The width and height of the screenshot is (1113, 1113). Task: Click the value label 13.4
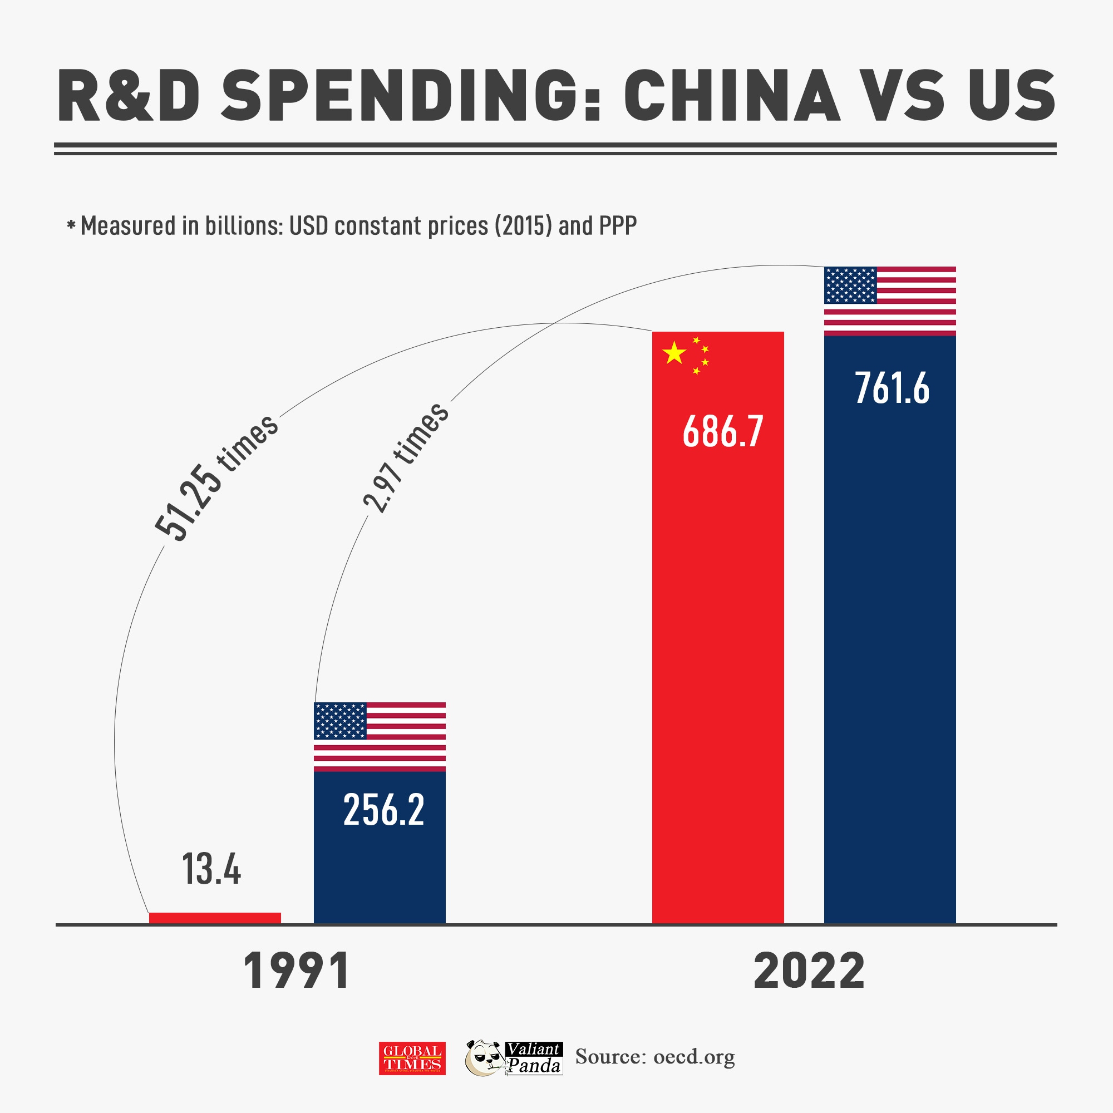[x=211, y=869]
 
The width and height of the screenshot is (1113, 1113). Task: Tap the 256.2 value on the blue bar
[x=383, y=810]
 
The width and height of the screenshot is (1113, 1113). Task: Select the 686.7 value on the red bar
[x=723, y=431]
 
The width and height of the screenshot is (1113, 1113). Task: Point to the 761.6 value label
[x=892, y=388]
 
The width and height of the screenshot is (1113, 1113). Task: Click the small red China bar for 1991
[x=215, y=918]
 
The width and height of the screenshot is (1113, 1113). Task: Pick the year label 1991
[x=297, y=972]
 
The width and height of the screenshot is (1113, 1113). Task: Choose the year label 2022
[x=809, y=972]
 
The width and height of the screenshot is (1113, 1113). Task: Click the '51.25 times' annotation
[x=216, y=477]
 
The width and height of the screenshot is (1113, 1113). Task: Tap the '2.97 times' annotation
[x=406, y=457]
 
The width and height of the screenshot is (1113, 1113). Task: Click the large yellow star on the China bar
[x=674, y=353]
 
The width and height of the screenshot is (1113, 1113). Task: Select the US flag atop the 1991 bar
[x=380, y=736]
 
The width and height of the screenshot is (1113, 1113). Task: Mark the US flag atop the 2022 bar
[x=890, y=301]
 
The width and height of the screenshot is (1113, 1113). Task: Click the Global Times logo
[x=412, y=1058]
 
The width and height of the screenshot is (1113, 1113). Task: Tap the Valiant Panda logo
[x=514, y=1058]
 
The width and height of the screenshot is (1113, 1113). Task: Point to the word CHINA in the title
[x=732, y=96]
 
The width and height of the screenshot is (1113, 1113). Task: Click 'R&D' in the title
[x=129, y=96]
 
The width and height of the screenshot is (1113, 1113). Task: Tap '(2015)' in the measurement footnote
[x=524, y=226]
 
